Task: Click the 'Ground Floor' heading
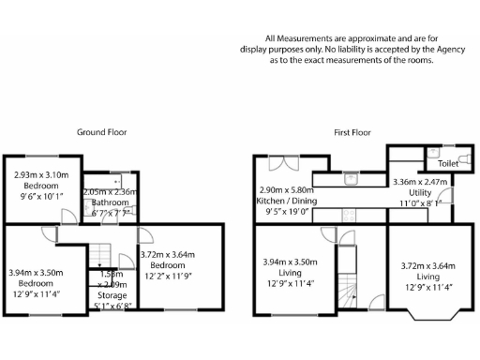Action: coord(101,133)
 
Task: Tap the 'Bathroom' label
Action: coord(109,202)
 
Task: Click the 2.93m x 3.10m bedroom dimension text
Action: coord(41,174)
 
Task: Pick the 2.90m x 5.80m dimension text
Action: coord(287,190)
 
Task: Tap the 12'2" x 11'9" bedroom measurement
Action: coord(166,276)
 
